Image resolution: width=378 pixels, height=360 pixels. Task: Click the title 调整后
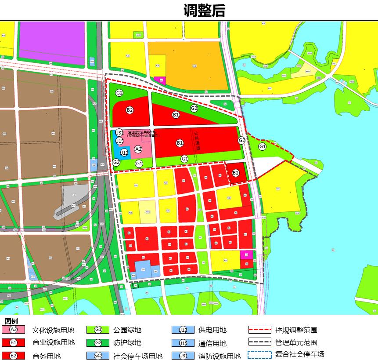204,11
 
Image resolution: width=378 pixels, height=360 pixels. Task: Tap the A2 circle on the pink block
138,149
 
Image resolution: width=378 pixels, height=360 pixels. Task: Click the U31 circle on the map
119,133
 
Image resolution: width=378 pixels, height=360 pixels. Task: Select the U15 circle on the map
119,141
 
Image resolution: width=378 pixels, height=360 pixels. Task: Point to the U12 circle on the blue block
124,153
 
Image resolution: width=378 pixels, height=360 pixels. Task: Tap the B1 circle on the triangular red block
176,115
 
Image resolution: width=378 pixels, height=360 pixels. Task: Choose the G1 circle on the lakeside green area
263,146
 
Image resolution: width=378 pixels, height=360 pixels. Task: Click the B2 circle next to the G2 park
130,110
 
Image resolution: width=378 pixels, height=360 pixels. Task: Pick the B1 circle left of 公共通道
180,143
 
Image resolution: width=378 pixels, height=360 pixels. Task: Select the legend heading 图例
11,321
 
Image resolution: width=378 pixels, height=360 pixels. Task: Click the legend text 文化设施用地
53,330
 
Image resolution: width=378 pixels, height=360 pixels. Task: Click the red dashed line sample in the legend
259,330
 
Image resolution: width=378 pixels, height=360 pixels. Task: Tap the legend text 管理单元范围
296,342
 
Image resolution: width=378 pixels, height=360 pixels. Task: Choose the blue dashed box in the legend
259,355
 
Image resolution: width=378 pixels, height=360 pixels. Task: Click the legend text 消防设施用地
220,356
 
